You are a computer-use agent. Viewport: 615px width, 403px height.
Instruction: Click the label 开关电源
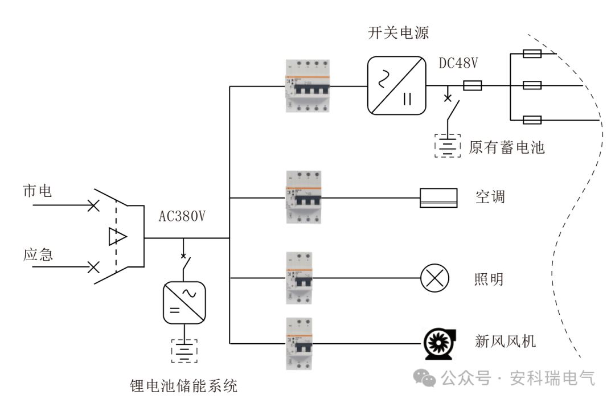point(398,32)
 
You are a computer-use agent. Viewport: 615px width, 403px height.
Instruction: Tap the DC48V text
point(458,63)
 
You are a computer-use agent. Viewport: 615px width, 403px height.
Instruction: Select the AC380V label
point(182,216)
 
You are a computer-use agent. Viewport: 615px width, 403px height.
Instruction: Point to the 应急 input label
point(38,254)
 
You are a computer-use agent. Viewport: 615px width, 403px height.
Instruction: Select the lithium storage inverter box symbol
point(184,302)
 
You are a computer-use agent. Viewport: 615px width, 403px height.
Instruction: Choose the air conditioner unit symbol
point(438,198)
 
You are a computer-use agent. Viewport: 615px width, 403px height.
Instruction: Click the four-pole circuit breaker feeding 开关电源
point(308,86)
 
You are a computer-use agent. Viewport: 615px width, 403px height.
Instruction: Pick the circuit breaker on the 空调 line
point(302,198)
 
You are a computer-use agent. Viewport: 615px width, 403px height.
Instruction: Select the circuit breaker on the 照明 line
point(300,278)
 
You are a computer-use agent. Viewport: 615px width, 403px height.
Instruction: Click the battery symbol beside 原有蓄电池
point(448,146)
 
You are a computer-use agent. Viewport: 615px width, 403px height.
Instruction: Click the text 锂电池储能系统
point(183,386)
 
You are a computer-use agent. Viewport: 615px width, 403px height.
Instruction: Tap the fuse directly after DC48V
point(473,86)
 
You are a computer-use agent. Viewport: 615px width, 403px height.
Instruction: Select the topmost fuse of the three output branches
point(532,54)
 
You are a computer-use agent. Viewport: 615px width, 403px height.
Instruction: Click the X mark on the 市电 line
point(92,205)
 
